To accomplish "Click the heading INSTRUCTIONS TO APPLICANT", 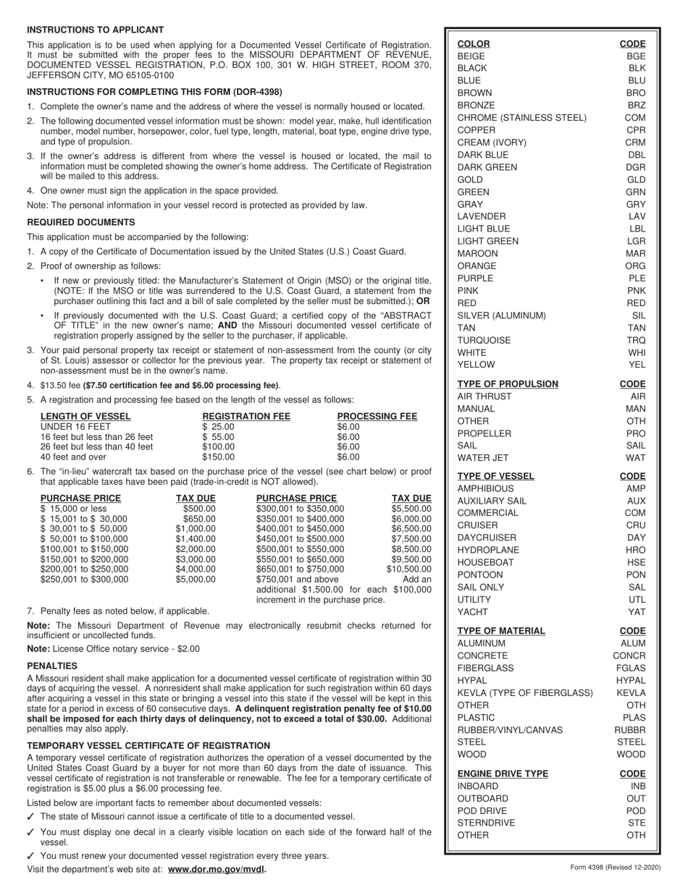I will [96, 30].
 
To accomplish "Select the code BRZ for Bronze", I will [636, 105].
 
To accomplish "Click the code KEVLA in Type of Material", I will [631, 692].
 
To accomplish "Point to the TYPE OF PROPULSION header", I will [508, 384].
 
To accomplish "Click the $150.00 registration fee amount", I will [218, 457].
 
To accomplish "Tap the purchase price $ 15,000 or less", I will [73, 509].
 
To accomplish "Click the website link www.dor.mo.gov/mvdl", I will [217, 869].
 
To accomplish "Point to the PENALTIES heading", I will [52, 665].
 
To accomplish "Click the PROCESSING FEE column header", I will [377, 416].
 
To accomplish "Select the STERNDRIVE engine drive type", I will [487, 823].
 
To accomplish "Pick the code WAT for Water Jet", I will [636, 458].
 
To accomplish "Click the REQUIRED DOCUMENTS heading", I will [80, 222].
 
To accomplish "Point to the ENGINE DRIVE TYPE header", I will [503, 774].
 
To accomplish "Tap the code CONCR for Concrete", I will [629, 656].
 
